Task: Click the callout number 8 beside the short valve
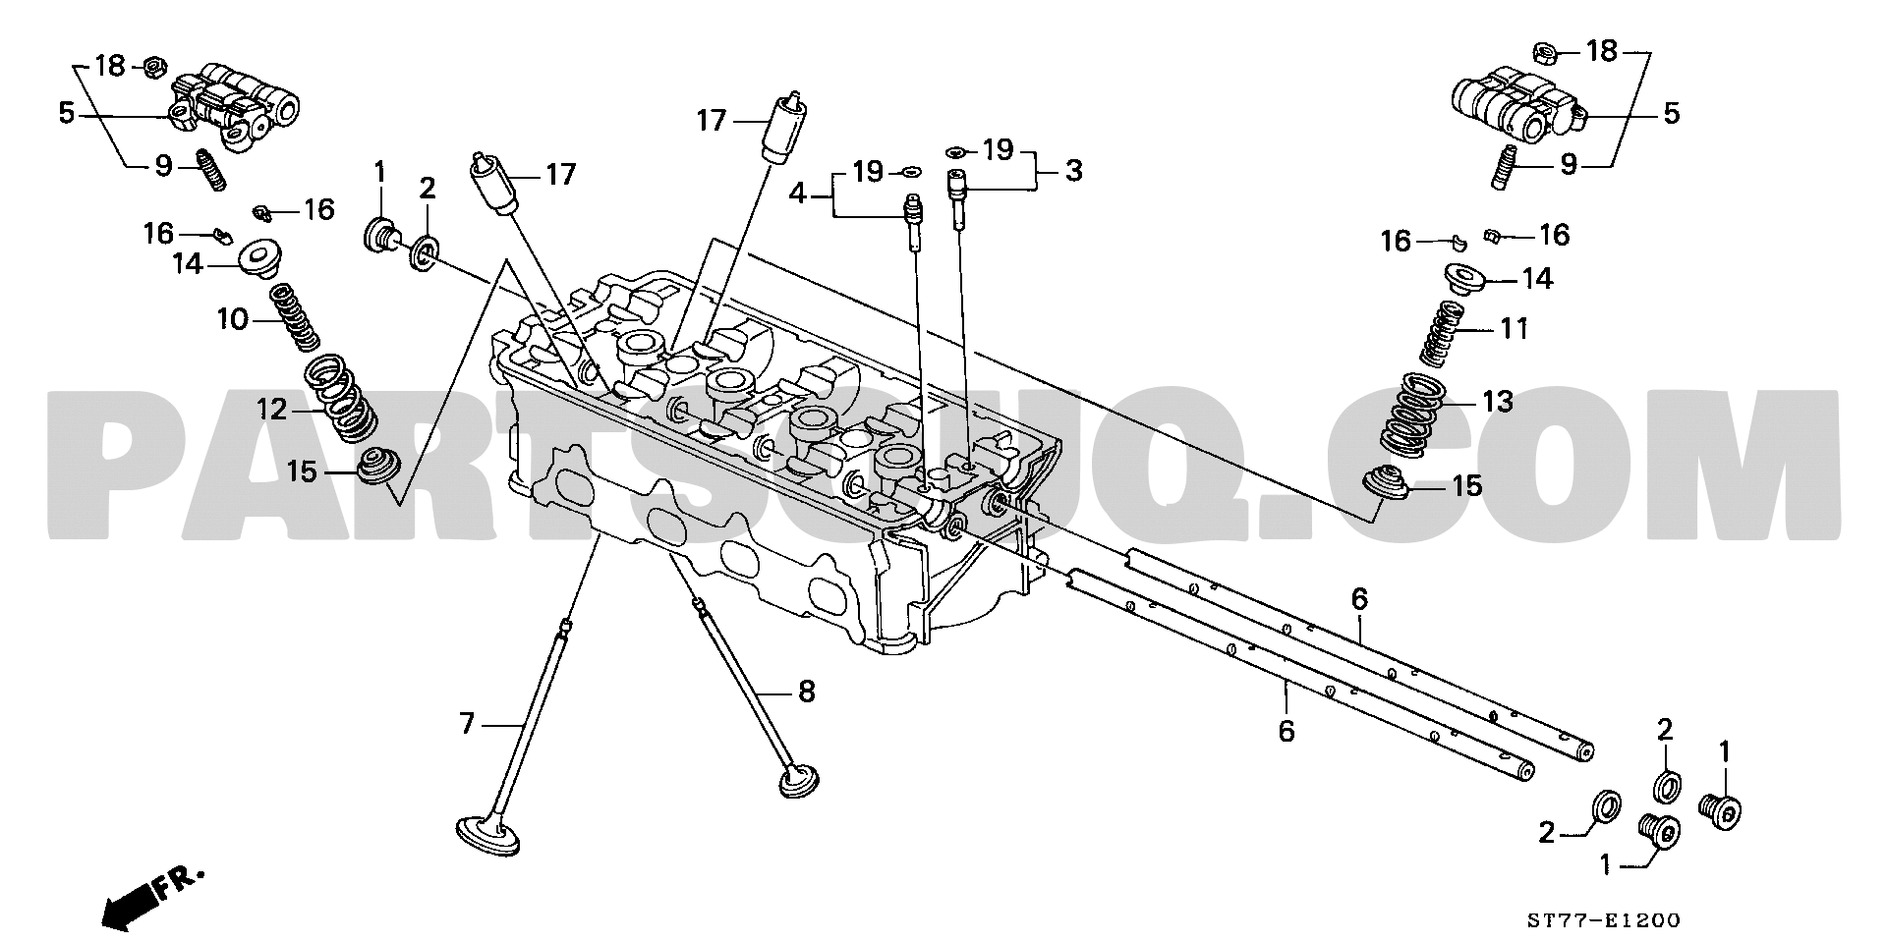pos(806,692)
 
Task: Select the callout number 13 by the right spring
pos(1498,402)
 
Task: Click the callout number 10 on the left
pos(233,319)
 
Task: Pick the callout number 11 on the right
pos(1514,328)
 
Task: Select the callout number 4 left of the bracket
pos(798,194)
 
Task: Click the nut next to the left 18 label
pos(153,67)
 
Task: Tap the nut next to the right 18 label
pos(1543,49)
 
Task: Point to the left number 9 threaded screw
pos(212,169)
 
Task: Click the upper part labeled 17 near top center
pos(786,127)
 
